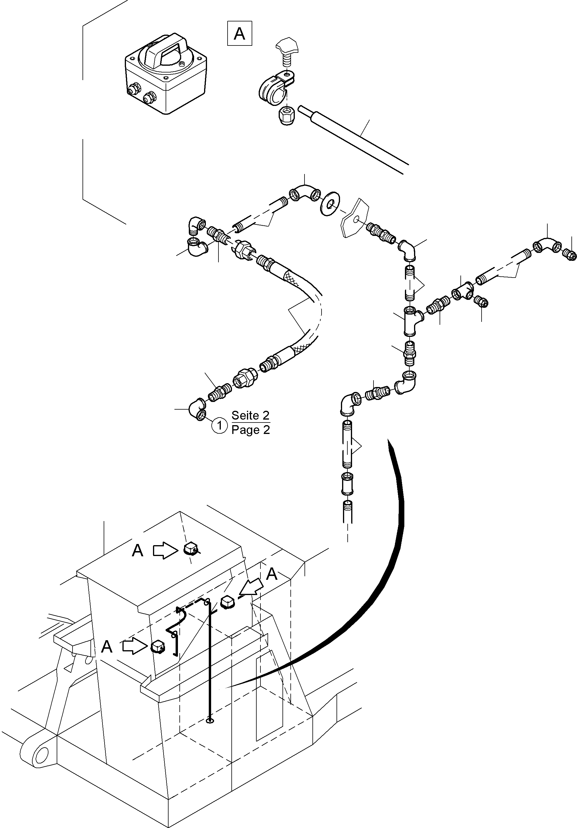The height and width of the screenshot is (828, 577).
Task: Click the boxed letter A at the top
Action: pos(239,34)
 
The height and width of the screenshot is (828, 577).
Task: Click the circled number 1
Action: pos(219,425)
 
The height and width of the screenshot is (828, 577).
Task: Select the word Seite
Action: pos(250,415)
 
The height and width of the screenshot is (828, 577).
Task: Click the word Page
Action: pos(250,430)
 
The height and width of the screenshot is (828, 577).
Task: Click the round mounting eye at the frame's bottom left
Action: pos(41,753)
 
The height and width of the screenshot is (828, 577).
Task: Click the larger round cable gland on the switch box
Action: pos(149,97)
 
